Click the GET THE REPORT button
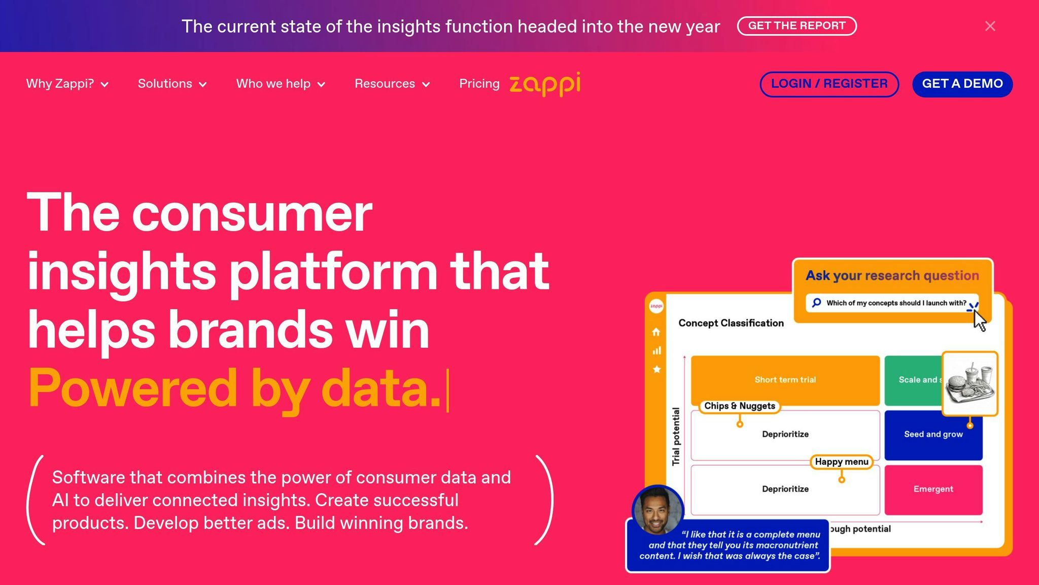796,26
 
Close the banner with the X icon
990,26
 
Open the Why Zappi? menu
67,84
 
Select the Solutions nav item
172,84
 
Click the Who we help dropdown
281,84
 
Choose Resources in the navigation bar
392,84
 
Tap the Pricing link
479,84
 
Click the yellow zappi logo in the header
545,84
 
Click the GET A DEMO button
962,84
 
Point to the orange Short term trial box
785,380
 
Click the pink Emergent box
933,490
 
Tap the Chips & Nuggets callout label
740,406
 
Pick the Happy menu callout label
842,462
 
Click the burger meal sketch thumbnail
970,384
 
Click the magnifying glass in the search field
816,303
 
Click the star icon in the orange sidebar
656,369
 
